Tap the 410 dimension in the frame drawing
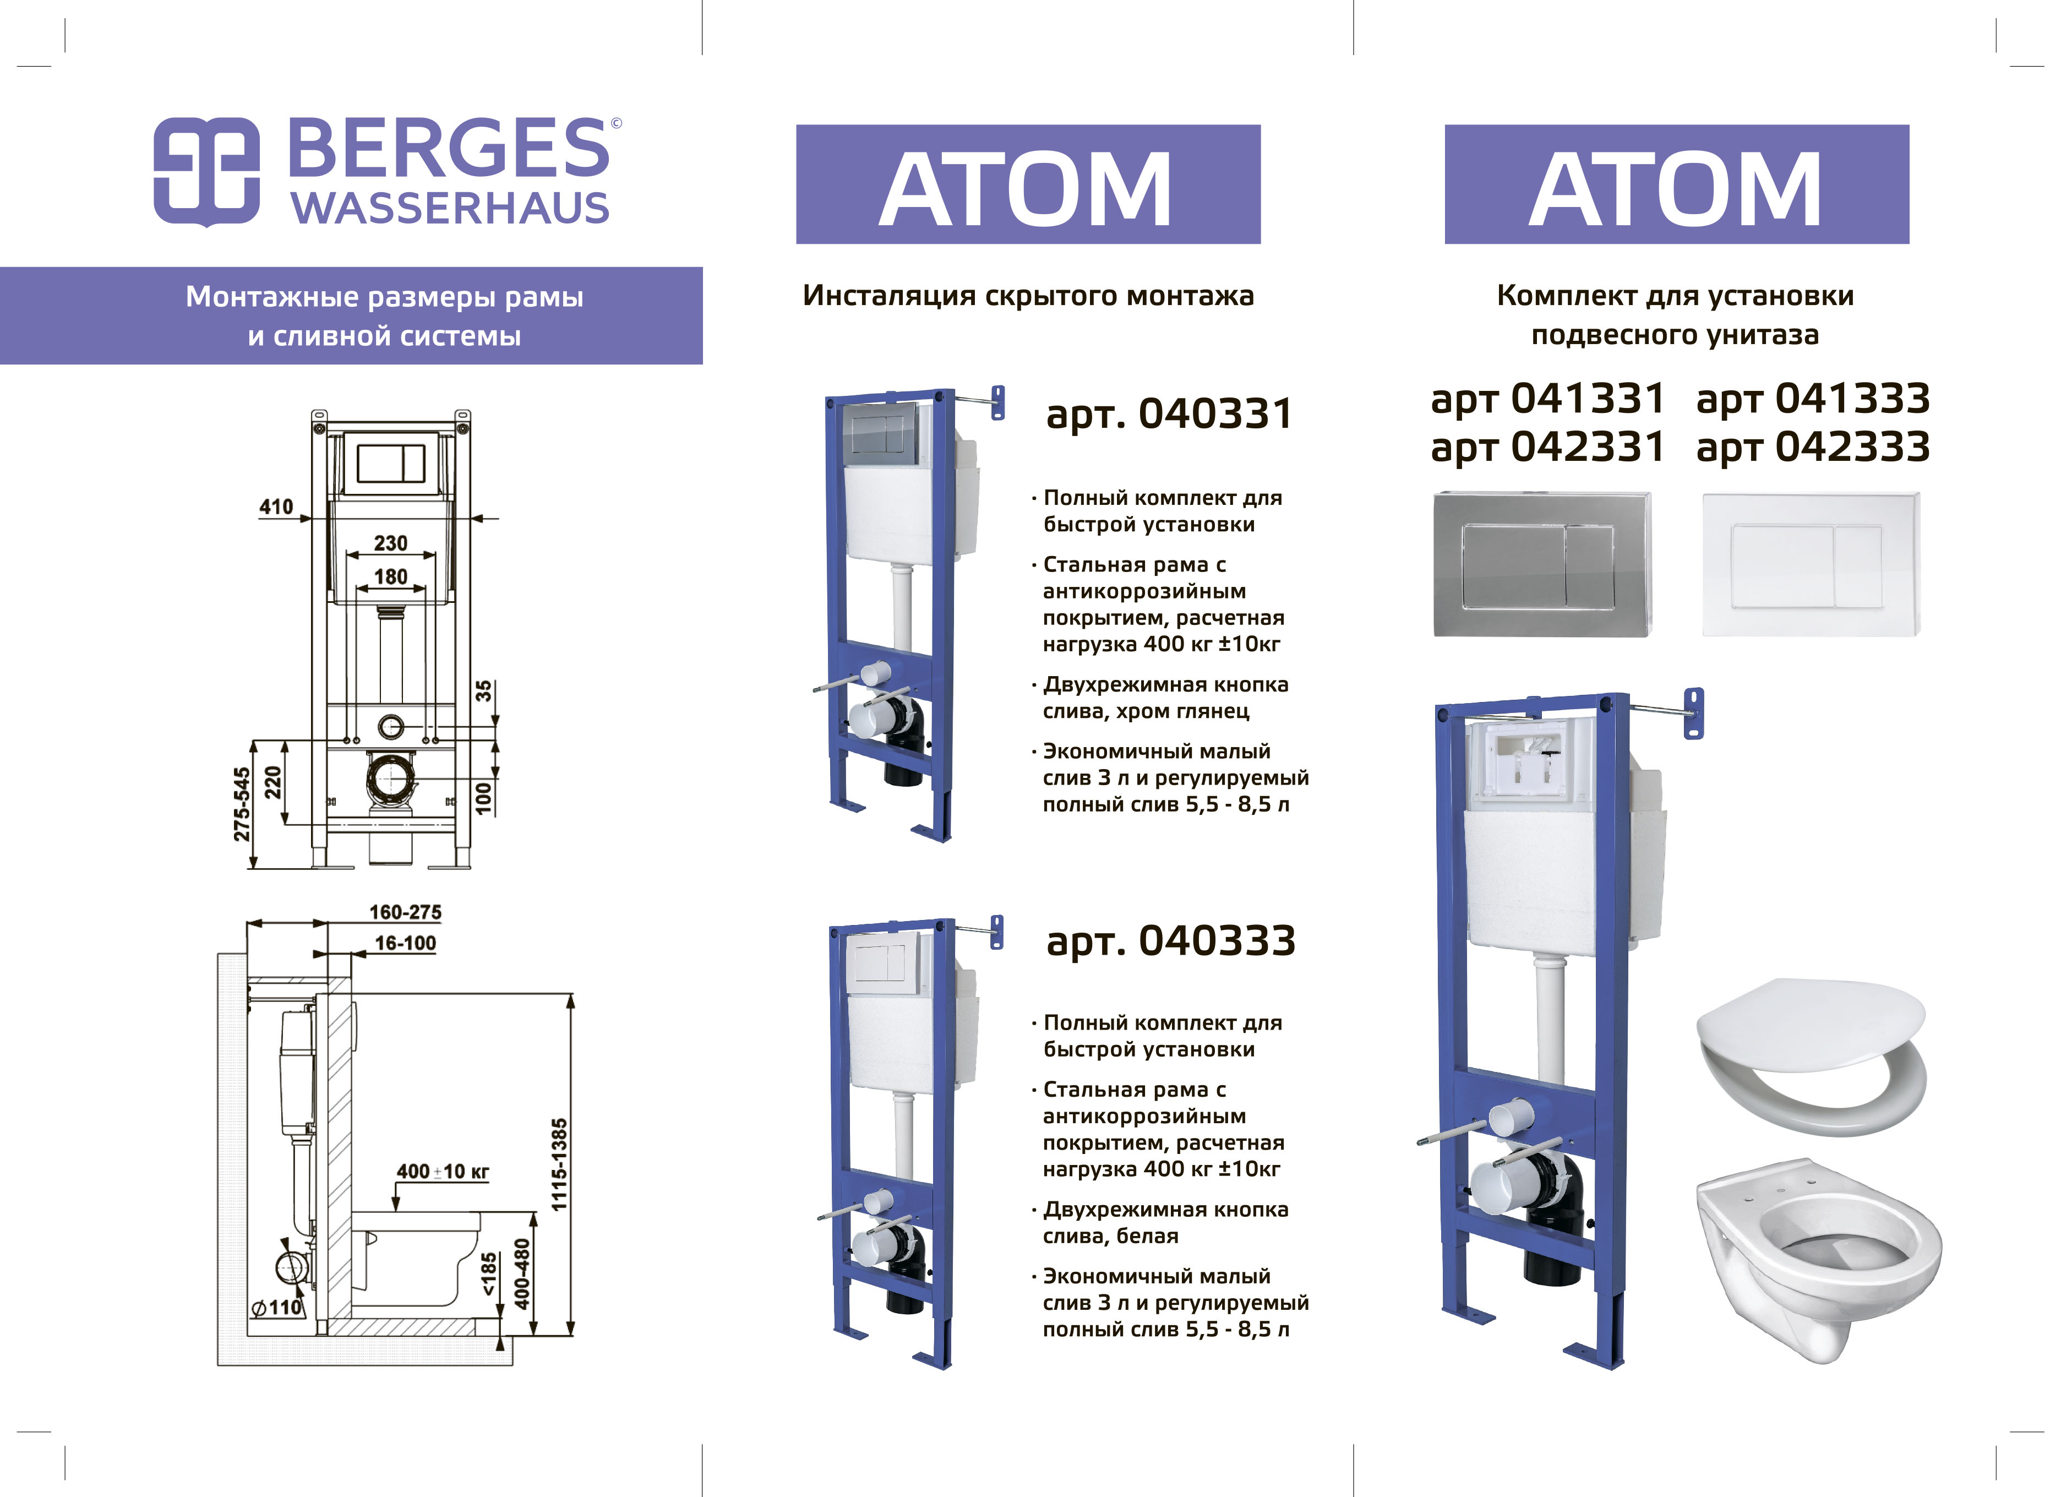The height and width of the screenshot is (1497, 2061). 276,507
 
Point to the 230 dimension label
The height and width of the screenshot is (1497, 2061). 391,543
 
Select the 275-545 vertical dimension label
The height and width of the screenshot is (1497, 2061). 241,804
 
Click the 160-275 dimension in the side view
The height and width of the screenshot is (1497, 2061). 405,912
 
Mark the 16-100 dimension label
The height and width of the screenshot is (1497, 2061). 405,944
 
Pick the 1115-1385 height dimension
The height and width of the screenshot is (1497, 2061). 559,1164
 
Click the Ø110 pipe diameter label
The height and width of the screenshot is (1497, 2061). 276,1307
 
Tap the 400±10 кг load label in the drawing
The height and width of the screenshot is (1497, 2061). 443,1172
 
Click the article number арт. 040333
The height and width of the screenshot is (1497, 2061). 1170,941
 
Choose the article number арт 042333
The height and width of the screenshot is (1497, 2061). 1813,447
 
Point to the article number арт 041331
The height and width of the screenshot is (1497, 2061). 1547,398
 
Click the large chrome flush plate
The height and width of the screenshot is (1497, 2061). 1542,564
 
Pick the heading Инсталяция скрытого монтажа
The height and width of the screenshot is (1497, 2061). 1028,296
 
